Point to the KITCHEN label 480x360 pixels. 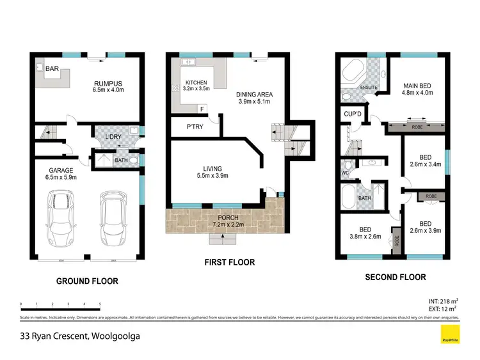[x=197, y=83]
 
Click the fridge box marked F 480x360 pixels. [x=202, y=109]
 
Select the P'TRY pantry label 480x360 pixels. [x=195, y=126]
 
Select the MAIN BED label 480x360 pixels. [x=418, y=84]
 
